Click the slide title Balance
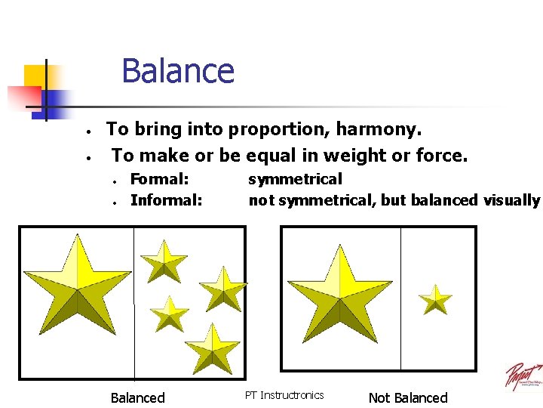click(x=177, y=72)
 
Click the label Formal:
click(x=159, y=179)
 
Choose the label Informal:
click(x=166, y=200)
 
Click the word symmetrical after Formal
click(x=295, y=179)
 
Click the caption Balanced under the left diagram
click(x=137, y=397)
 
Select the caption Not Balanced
click(x=408, y=397)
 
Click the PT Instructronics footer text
click(x=284, y=395)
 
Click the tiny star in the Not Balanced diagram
click(x=436, y=299)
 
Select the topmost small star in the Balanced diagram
click(x=164, y=261)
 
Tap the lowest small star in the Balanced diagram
click(x=212, y=349)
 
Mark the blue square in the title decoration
click(x=51, y=105)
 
